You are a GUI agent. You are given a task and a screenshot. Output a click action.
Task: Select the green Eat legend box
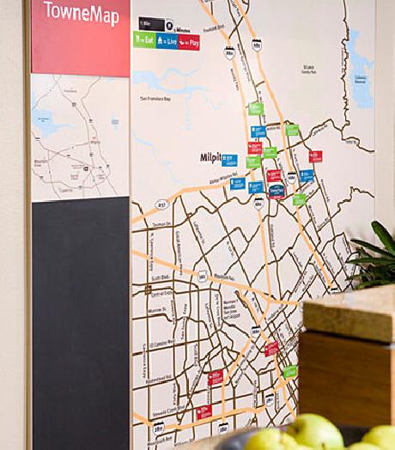[x=143, y=40]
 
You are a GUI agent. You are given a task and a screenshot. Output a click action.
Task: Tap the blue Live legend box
[x=167, y=40]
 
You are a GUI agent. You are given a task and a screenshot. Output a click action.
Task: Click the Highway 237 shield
[x=161, y=204]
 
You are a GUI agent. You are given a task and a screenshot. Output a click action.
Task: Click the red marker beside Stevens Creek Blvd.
[x=204, y=412]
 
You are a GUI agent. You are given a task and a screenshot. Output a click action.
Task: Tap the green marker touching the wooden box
[x=290, y=372]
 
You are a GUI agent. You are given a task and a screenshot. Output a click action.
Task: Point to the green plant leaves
[x=374, y=253]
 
